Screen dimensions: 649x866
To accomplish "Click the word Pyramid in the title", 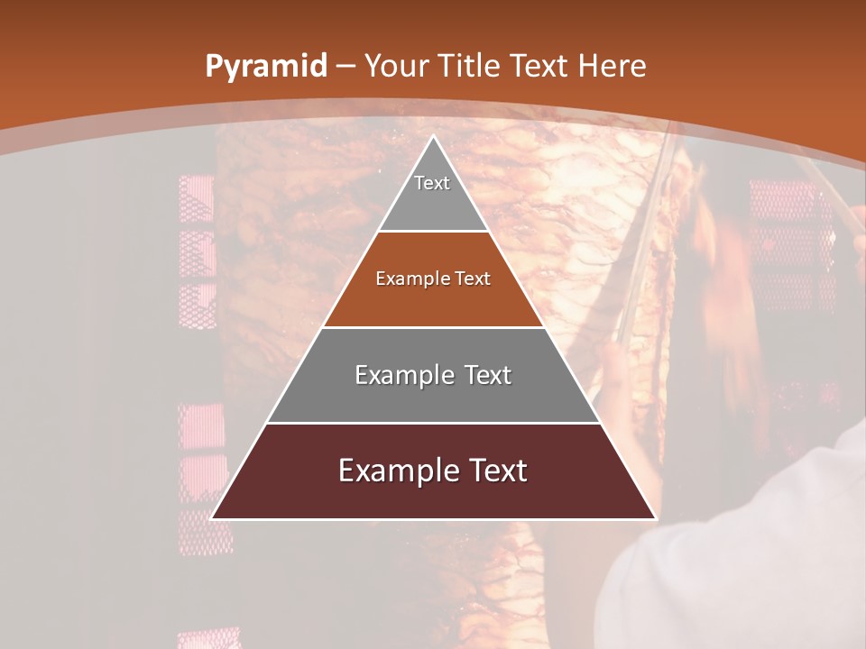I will pos(265,67).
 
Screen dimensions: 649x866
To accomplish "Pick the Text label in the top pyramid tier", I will pos(432,183).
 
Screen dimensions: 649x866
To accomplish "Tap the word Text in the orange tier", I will pos(474,279).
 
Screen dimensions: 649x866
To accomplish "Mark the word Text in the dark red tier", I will pos(497,471).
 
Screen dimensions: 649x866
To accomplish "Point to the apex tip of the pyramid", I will pos(433,136).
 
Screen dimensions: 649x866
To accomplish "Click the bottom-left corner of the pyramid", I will pos(212,518).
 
